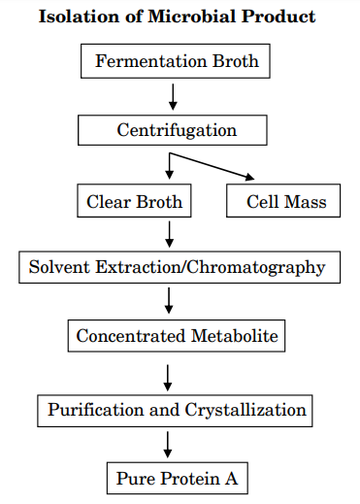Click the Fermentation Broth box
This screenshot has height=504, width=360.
[x=177, y=62]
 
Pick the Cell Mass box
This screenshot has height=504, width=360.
[x=285, y=202]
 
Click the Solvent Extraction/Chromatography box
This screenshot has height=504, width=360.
[x=178, y=267]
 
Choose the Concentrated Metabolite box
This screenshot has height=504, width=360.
[x=177, y=337]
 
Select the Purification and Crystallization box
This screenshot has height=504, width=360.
[x=178, y=409]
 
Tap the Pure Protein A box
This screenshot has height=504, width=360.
[x=177, y=478]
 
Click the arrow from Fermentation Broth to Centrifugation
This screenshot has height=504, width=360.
[x=173, y=96]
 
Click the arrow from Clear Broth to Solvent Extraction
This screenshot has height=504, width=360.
[x=170, y=234]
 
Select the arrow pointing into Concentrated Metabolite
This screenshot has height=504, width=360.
[x=170, y=302]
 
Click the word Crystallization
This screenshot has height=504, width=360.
[x=247, y=409]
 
